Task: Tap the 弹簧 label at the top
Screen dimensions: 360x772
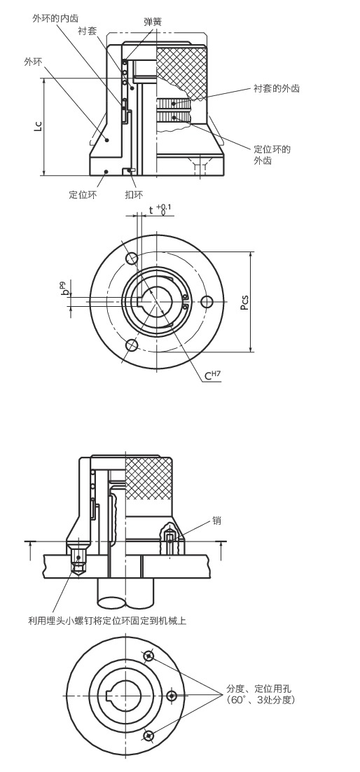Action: tap(152, 21)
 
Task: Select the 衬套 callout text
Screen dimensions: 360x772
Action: tap(87, 31)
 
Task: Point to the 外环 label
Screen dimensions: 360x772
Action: tap(33, 62)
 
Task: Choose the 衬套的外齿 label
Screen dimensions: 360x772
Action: tap(276, 89)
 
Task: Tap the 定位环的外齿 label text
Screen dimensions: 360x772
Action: tap(272, 155)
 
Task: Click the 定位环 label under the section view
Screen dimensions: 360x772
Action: tap(83, 195)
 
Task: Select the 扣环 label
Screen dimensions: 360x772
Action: tap(134, 195)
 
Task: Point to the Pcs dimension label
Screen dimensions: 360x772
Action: tap(244, 302)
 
